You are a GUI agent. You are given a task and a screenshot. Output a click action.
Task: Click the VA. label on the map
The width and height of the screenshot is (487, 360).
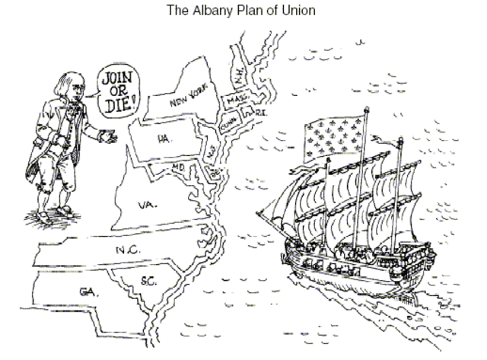pyautogui.click(x=148, y=205)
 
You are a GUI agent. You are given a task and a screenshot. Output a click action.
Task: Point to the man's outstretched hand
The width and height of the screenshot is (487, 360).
pyautogui.click(x=109, y=138)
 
